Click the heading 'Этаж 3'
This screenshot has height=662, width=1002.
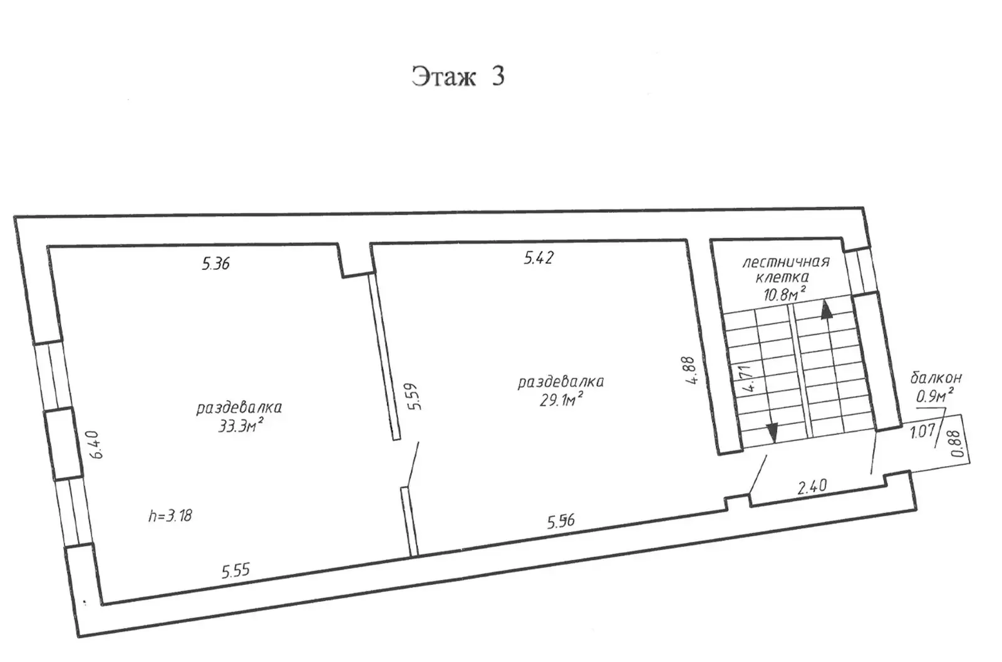pos(458,76)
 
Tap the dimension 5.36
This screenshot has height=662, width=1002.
pos(215,264)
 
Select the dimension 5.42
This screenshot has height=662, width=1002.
pos(539,258)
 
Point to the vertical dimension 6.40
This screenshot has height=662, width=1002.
pos(97,444)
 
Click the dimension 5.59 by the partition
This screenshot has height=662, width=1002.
pos(414,396)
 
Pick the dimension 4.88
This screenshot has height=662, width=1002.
pos(690,370)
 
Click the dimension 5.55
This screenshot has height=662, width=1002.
pos(235,571)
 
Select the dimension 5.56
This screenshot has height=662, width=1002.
pos(561,521)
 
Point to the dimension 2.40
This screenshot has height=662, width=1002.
pos(812,486)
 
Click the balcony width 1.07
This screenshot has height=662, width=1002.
pos(923,431)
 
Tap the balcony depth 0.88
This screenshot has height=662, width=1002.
pos(956,443)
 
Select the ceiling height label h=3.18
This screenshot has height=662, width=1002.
pos(170,515)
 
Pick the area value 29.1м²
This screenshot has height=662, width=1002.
pos(561,400)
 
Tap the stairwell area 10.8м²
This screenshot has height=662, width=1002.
pos(785,294)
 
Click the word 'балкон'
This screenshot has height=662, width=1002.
pos(936,378)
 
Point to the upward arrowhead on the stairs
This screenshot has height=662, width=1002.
pos(826,309)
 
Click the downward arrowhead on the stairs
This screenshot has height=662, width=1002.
pos(772,433)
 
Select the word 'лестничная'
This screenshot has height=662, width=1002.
pos(786,262)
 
